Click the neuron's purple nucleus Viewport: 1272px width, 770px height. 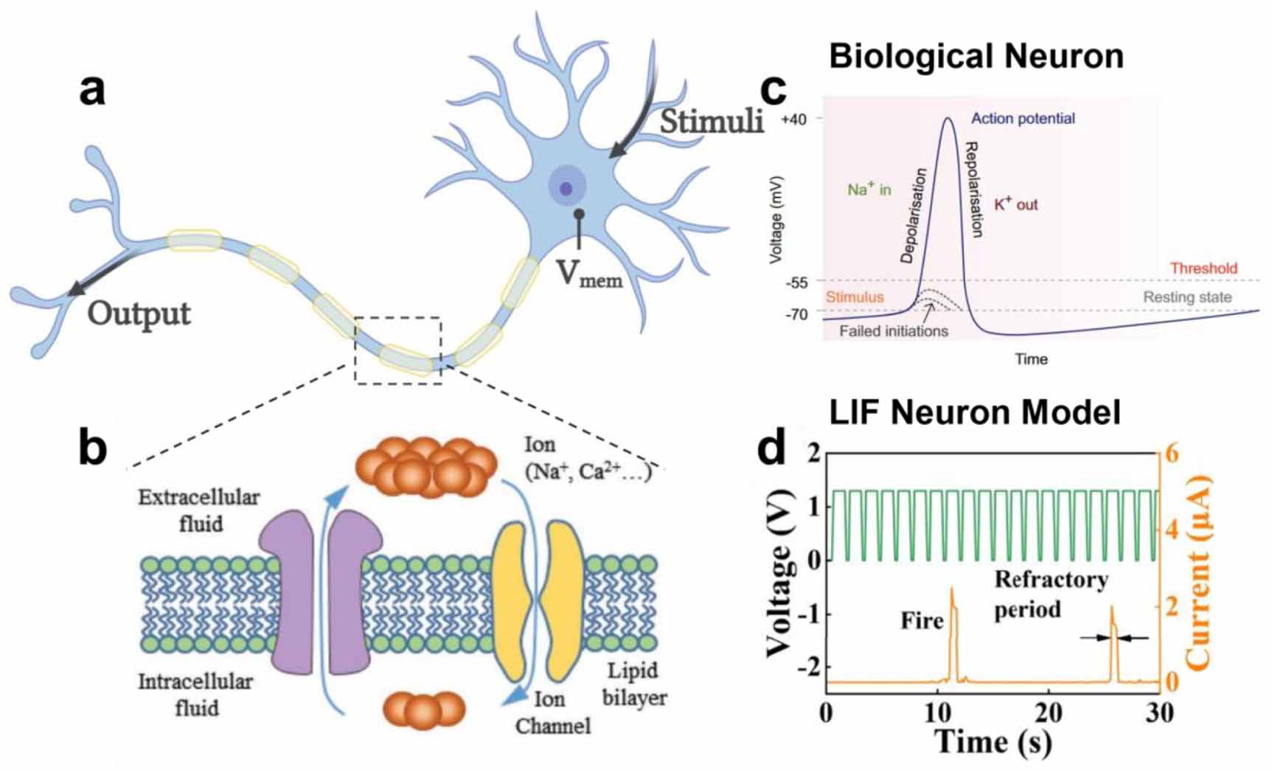pyautogui.click(x=566, y=189)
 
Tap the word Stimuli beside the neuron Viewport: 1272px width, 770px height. pyautogui.click(x=711, y=122)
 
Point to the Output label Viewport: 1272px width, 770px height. pyautogui.click(x=139, y=314)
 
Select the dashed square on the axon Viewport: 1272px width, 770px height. pyautogui.click(x=398, y=350)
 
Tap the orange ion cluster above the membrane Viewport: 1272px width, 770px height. pyautogui.click(x=425, y=465)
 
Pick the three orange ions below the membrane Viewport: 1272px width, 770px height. pyautogui.click(x=424, y=710)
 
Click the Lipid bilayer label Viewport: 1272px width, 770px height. pyautogui.click(x=634, y=684)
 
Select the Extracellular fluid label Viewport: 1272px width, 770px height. pyautogui.click(x=199, y=510)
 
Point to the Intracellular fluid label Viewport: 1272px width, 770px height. pyautogui.click(x=195, y=694)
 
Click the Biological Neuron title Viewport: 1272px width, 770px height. pyautogui.click(x=976, y=56)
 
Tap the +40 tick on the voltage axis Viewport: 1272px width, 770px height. pyautogui.click(x=799, y=119)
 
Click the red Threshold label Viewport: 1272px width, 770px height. pyautogui.click(x=1203, y=268)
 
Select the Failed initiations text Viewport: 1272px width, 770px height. pyautogui.click(x=894, y=331)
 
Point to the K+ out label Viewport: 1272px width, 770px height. pyautogui.click(x=1015, y=204)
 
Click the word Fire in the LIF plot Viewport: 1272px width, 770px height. pyautogui.click(x=922, y=620)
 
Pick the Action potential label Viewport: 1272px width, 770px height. pyautogui.click(x=1023, y=118)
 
